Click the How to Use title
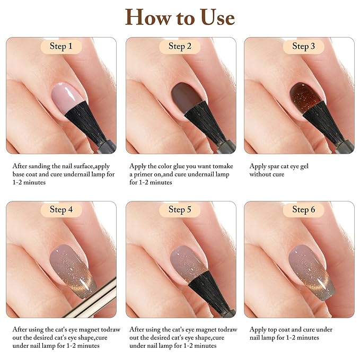point(180,17)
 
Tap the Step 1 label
point(61,47)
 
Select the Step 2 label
point(180,47)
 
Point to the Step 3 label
point(303,47)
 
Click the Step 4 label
point(61,209)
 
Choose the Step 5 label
point(180,209)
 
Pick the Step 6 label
point(303,209)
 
